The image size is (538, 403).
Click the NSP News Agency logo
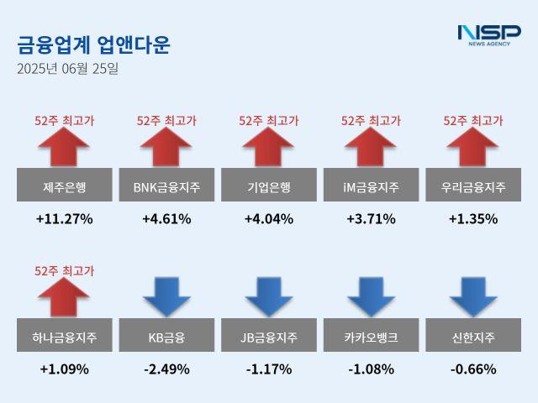coord(488,34)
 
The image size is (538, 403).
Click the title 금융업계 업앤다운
coord(92,44)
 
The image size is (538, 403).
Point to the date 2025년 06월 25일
coord(67,68)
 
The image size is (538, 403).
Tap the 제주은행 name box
coord(64,186)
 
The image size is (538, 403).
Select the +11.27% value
coord(64,219)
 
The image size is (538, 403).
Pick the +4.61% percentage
coord(166,219)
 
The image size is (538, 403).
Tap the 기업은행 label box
coord(269,186)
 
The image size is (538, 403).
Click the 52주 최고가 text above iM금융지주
coord(371,121)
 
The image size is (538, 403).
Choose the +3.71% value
coord(371,219)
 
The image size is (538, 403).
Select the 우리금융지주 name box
coord(472,186)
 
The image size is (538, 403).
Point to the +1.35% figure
coord(472,219)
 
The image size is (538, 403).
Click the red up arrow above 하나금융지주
coord(64,298)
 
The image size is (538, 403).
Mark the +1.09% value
coord(64,369)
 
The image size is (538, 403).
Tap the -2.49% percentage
coord(166,369)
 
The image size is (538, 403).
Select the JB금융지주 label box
coord(269,338)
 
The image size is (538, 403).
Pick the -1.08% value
coord(371,369)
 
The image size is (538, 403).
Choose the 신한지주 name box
coord(472,338)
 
